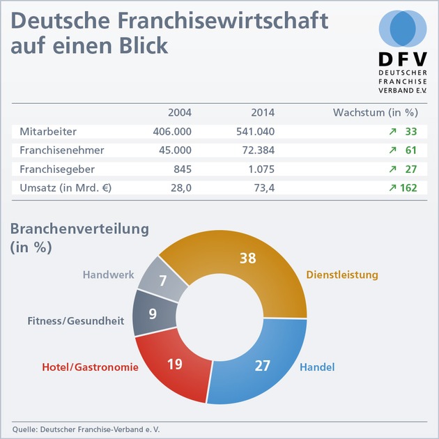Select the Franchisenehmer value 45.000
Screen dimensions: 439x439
pos(173,150)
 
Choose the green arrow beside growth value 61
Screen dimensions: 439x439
pos(393,150)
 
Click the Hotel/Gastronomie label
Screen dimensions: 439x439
pos(80,367)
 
